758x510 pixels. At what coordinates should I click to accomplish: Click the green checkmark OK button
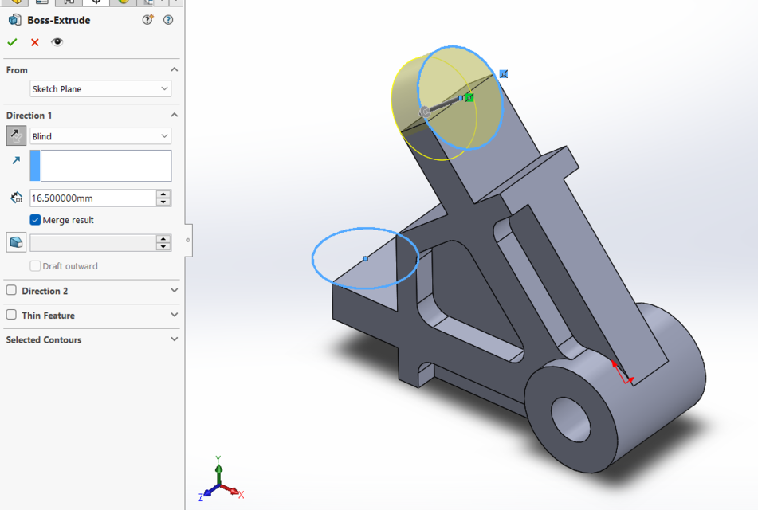(12, 42)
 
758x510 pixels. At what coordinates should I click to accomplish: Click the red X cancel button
(35, 42)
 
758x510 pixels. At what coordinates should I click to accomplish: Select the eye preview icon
(57, 42)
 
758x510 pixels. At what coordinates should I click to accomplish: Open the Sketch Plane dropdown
(100, 89)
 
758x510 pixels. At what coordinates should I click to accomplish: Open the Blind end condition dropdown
(100, 136)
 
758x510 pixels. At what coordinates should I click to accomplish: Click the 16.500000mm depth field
(92, 198)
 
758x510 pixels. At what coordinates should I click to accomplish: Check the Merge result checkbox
(35, 220)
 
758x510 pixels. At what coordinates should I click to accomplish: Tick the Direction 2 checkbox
(11, 291)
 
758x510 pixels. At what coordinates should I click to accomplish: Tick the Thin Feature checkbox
(11, 315)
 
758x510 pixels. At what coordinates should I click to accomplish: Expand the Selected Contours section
(174, 339)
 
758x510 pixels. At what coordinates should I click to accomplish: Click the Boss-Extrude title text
(59, 20)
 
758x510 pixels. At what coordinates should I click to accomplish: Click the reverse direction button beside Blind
(16, 136)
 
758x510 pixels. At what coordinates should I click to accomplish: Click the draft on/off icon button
(16, 242)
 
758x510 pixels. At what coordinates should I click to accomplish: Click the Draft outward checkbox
(35, 266)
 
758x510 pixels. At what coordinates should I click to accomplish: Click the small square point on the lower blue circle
(366, 258)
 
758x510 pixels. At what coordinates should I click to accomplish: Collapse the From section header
(174, 70)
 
